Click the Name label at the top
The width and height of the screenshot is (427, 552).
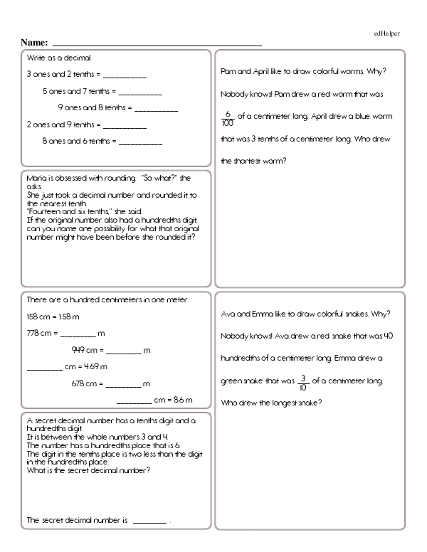(34, 43)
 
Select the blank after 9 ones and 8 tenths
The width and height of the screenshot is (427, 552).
(156, 108)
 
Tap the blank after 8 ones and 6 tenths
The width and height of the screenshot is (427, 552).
(140, 142)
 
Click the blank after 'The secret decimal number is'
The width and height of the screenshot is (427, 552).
(149, 521)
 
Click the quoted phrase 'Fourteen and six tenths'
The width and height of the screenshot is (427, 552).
(66, 212)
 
